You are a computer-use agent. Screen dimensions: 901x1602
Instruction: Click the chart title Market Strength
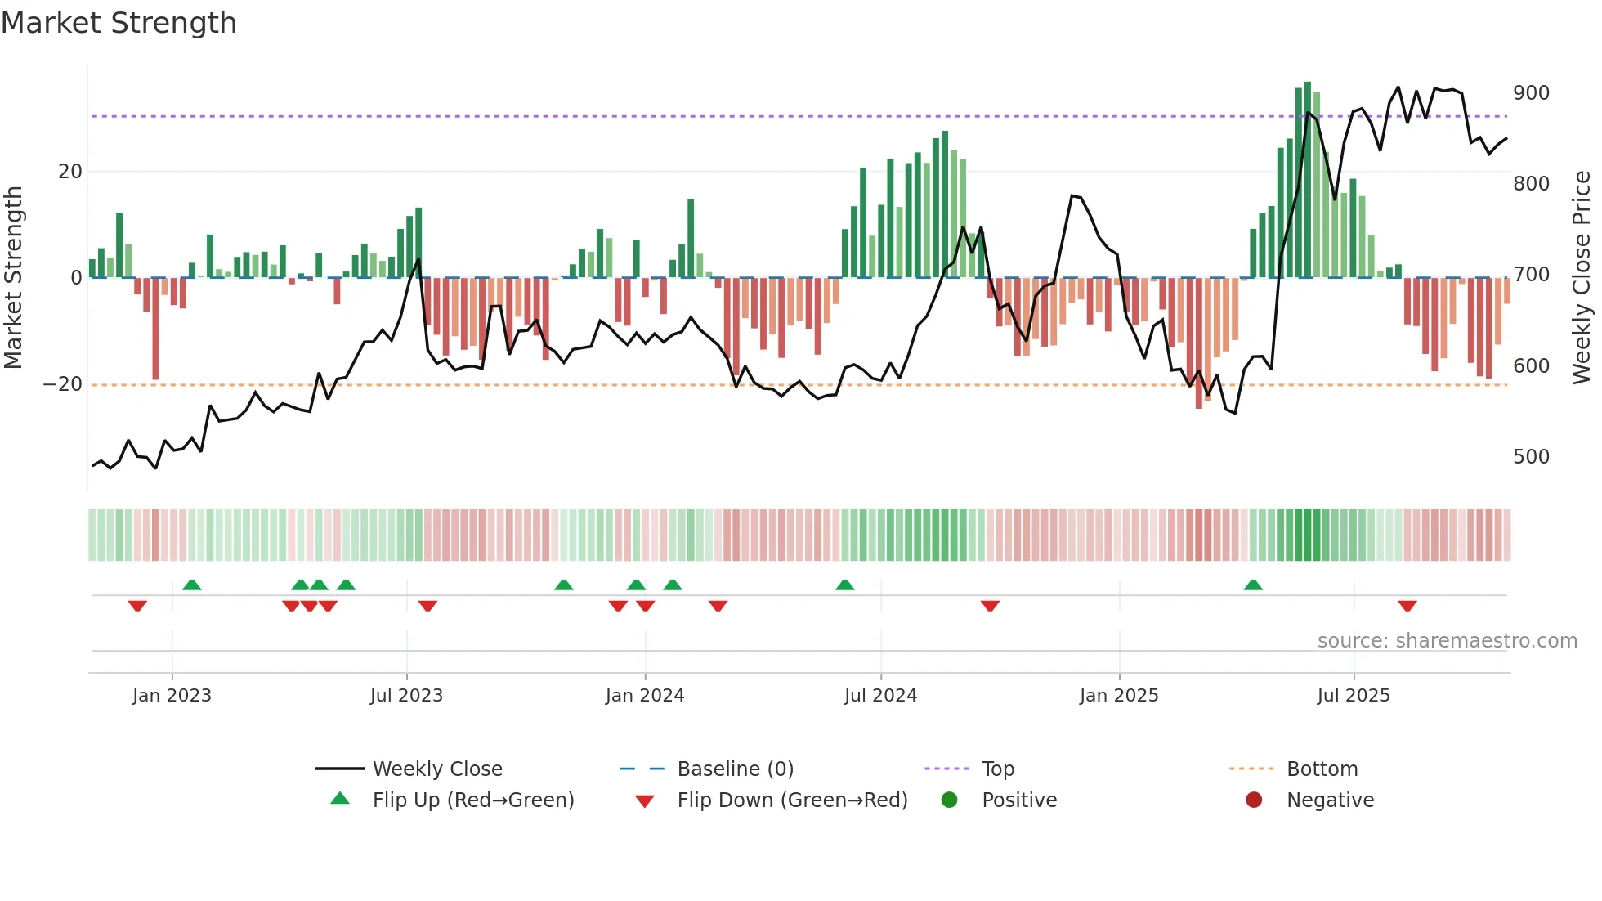pos(119,23)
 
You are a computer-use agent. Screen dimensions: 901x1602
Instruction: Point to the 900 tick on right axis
pos(1530,93)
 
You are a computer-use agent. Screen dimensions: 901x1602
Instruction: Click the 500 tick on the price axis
pos(1530,457)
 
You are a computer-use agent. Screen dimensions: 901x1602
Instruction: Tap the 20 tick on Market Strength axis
pos(70,172)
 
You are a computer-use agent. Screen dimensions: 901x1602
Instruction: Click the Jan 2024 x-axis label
pos(645,696)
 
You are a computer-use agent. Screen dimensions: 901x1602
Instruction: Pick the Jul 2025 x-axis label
pos(1354,696)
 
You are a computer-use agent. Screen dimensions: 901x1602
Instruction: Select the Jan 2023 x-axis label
pos(172,696)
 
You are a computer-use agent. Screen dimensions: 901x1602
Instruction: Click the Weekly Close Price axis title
pos(1582,278)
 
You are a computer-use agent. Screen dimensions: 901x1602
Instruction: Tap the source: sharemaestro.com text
pos(1447,641)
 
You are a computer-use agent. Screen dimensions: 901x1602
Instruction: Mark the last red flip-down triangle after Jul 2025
pos(1407,606)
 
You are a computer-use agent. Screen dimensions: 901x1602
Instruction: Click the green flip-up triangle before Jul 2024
pos(845,585)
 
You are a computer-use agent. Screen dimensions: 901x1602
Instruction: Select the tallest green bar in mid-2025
pos(1308,180)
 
